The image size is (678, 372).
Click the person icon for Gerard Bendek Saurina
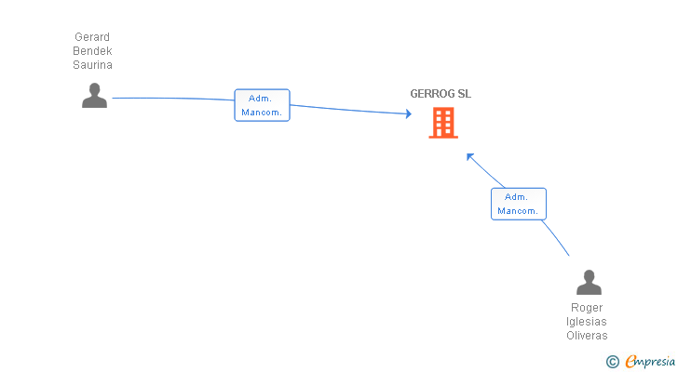94,96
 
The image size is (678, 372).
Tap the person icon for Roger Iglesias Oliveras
589,283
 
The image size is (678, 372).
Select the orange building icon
443,123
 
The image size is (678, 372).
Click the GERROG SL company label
441,94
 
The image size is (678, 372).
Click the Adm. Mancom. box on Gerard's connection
262,105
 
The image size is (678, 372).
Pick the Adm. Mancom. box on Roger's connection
519,204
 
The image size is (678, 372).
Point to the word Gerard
92,37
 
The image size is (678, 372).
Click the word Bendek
92,51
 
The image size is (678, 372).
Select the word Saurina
92,65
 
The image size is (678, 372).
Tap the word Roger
587,308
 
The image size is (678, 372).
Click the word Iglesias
587,322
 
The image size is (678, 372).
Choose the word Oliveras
587,336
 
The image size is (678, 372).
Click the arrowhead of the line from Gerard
408,114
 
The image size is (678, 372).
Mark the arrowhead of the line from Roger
470,156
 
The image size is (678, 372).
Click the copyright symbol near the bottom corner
612,362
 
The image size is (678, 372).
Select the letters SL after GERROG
464,94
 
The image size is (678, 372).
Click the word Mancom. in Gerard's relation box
262,113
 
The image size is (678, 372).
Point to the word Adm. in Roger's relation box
516,197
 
